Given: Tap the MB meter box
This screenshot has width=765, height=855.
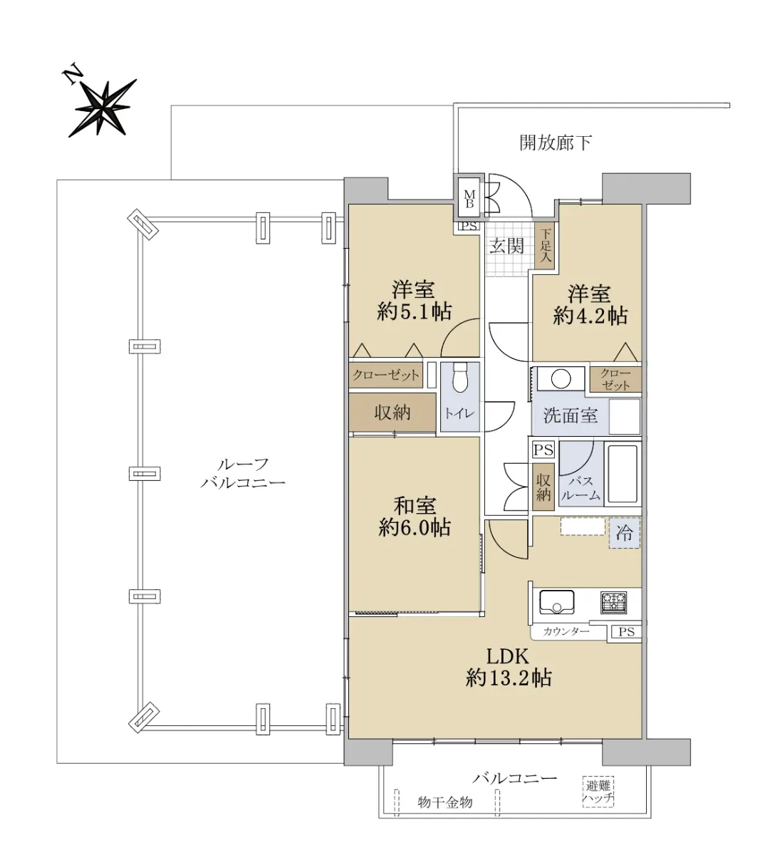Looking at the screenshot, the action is click(x=469, y=199).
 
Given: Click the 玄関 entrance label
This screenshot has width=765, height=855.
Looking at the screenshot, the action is click(x=506, y=246).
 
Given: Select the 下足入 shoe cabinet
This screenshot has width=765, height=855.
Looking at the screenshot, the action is click(x=545, y=247).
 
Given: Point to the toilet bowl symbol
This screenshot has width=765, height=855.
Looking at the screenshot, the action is click(x=460, y=378).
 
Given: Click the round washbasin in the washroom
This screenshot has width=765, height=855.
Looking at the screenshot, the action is click(x=561, y=378).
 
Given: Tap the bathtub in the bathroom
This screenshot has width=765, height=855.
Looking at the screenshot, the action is click(x=623, y=474).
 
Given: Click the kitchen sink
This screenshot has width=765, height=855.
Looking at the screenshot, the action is click(x=556, y=602).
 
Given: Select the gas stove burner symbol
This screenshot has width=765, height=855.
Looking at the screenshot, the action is click(x=614, y=602).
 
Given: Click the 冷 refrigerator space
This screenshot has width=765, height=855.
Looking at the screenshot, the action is click(x=625, y=533).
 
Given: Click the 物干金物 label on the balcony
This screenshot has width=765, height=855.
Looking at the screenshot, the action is click(x=444, y=802).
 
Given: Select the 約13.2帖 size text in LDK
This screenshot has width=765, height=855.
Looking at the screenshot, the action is click(x=509, y=678).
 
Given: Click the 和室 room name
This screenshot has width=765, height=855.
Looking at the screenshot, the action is click(x=415, y=506).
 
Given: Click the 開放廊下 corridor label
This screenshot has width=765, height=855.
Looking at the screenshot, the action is click(x=556, y=143).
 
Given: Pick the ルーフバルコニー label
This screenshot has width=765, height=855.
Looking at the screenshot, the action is click(x=243, y=473).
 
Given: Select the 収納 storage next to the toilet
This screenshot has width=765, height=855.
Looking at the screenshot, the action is click(x=392, y=413).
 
